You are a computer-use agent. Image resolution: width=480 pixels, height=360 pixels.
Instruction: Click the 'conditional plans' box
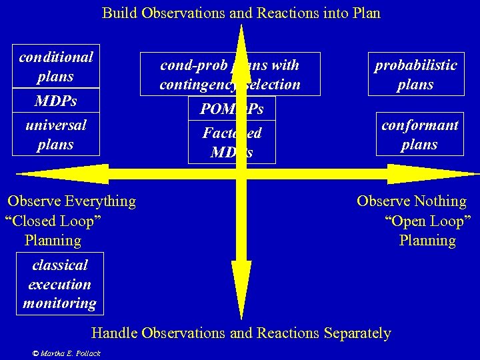point(56,67)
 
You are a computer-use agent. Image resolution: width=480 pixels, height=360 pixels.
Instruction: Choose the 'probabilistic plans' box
point(415,75)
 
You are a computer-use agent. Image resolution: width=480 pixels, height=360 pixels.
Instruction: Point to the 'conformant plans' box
point(419,135)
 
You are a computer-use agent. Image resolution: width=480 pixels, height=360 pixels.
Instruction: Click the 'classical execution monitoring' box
point(60,284)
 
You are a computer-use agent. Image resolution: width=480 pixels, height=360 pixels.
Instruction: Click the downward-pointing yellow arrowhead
point(241,297)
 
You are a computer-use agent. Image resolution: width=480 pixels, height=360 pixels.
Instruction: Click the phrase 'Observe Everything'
point(71,201)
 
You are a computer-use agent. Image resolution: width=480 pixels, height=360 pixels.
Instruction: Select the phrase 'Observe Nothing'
point(411,201)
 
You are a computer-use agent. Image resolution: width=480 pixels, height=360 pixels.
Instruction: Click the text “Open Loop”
point(427,221)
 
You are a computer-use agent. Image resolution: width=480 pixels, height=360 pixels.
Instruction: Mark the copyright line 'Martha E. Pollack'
point(70,353)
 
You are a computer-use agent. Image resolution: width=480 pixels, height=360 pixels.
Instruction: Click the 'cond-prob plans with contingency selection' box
point(230,75)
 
